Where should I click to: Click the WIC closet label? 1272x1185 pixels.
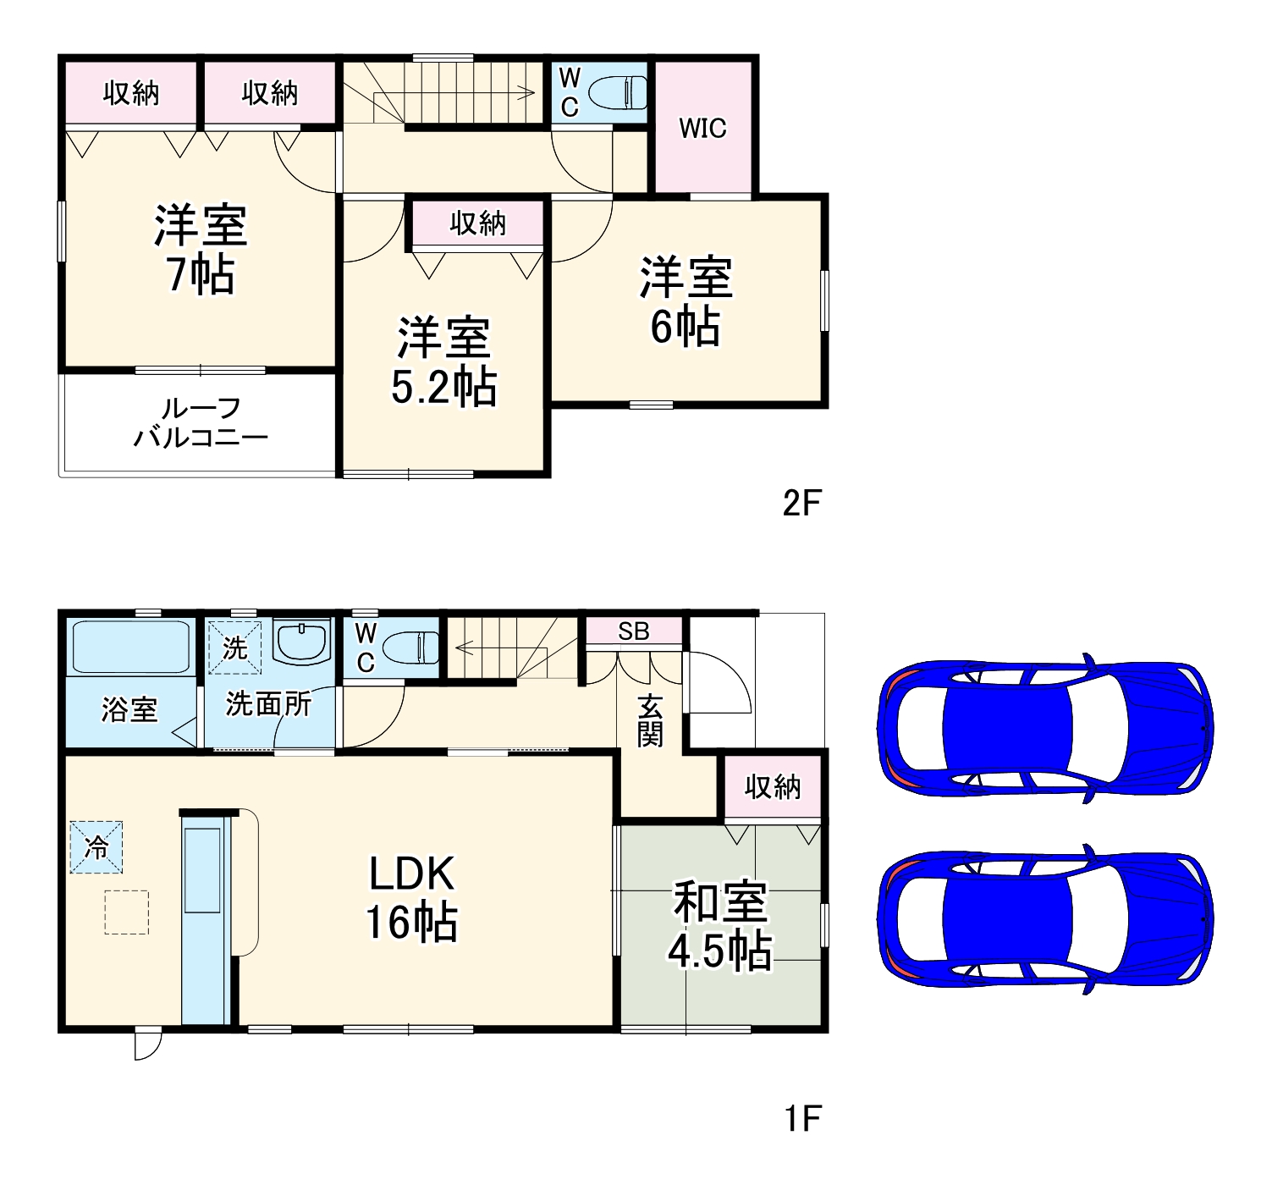pyautogui.click(x=702, y=129)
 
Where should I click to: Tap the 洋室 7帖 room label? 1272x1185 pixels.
pyautogui.click(x=201, y=250)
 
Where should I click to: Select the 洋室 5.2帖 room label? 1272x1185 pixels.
pyautogui.click(x=443, y=362)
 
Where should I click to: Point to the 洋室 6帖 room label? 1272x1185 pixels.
pyautogui.click(x=686, y=302)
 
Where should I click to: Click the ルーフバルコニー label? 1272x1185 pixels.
pyautogui.click(x=201, y=423)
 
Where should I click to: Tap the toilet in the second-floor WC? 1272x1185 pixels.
pyautogui.click(x=617, y=92)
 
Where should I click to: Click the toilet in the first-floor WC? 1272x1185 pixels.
pyautogui.click(x=410, y=649)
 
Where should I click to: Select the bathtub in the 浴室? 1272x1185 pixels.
pyautogui.click(x=130, y=648)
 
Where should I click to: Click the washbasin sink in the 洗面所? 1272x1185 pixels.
pyautogui.click(x=302, y=643)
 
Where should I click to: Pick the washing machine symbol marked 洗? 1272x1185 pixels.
pyautogui.click(x=234, y=648)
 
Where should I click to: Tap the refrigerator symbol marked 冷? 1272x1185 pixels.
pyautogui.click(x=96, y=846)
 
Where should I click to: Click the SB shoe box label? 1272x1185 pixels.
pyautogui.click(x=633, y=631)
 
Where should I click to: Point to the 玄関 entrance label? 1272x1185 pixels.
pyautogui.click(x=650, y=720)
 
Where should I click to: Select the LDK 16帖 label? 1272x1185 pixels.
pyautogui.click(x=412, y=898)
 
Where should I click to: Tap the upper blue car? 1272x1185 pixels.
pyautogui.click(x=1046, y=728)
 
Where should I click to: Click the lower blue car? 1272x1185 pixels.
pyautogui.click(x=1046, y=919)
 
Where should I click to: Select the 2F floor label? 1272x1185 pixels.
pyautogui.click(x=801, y=504)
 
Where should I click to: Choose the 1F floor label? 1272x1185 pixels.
pyautogui.click(x=801, y=1118)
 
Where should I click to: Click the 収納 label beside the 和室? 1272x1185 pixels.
pyautogui.click(x=772, y=787)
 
